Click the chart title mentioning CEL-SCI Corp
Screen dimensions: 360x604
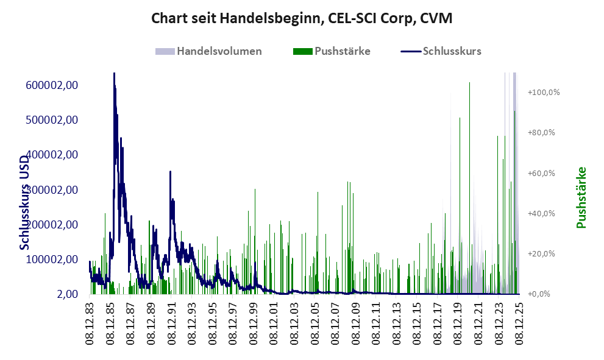302,19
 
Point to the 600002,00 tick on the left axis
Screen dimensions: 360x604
51,85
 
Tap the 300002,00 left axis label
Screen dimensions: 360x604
51,190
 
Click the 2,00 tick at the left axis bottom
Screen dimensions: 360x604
68,295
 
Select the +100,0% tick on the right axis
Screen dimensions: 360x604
544,93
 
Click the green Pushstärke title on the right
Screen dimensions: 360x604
581,197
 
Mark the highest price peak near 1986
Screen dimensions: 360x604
114,74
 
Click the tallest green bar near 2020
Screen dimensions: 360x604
469,83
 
